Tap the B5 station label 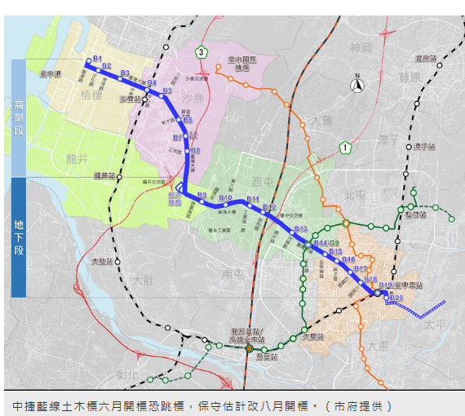[x=166, y=91]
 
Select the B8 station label [x=196, y=150]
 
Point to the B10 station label [x=227, y=198]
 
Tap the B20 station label [x=396, y=298]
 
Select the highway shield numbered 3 [x=201, y=53]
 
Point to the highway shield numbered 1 [x=346, y=148]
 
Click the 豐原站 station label [x=425, y=59]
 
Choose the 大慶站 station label [x=313, y=335]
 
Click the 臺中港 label [x=51, y=73]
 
